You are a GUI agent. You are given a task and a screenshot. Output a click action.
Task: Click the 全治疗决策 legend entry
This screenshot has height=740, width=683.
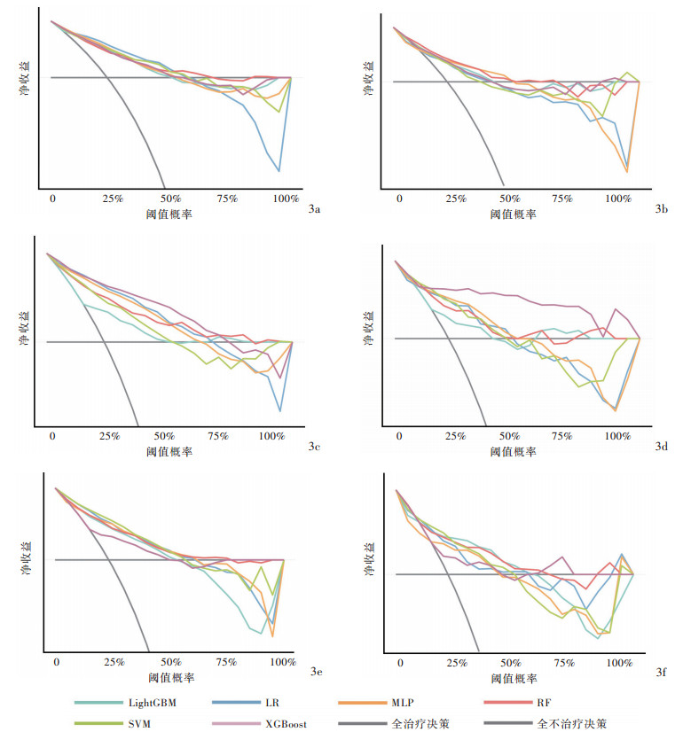pos(420,724)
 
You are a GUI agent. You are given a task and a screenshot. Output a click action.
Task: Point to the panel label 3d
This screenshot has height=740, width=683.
pos(661,446)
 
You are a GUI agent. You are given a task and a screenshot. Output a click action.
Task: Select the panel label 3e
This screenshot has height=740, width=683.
pos(317,673)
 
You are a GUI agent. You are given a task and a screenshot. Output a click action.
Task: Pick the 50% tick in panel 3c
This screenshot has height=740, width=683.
pos(165,436)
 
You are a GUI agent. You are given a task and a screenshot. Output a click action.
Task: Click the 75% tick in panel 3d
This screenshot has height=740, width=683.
pos(562,436)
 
